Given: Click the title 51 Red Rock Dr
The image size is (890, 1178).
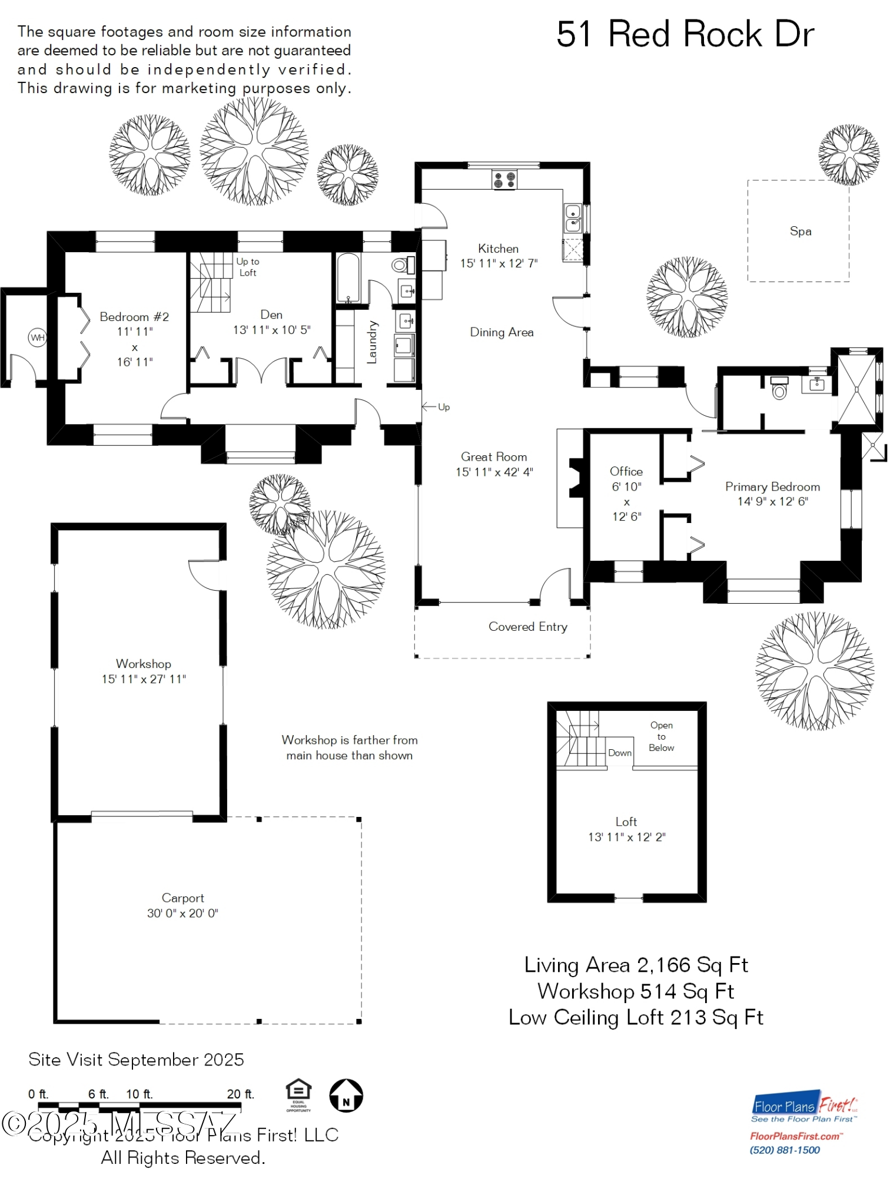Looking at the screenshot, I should click(685, 34).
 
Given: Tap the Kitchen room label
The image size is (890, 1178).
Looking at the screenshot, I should click(498, 249).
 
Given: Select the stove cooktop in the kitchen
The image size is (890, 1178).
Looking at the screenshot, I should click(504, 180).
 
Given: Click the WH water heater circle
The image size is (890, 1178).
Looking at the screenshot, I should click(38, 337).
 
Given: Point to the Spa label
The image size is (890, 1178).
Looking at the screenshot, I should click(800, 231).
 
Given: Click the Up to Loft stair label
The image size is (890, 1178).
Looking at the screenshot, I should click(248, 267).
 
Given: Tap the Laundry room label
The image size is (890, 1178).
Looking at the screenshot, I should click(372, 342).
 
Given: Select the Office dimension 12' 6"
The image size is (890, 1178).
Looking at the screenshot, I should click(626, 517).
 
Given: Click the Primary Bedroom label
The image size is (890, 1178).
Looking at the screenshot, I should click(772, 487).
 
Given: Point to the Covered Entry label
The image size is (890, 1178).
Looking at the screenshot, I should click(527, 627).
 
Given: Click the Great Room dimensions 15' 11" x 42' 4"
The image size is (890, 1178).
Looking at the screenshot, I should click(494, 472).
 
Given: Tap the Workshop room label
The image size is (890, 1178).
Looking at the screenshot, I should click(144, 664).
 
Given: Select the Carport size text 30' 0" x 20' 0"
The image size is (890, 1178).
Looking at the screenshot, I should click(182, 913).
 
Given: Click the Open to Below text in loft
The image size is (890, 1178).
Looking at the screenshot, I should click(661, 736).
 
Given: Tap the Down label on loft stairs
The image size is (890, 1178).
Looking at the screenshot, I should click(619, 753).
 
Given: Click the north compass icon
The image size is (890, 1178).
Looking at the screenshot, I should click(346, 1096).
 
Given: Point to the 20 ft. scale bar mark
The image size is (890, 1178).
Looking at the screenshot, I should click(240, 1094).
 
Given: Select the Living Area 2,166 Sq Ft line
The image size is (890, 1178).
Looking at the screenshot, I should click(636, 965).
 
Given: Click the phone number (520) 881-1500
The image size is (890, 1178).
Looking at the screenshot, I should click(785, 1150).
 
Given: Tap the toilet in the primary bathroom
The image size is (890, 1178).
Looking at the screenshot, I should click(779, 390).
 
